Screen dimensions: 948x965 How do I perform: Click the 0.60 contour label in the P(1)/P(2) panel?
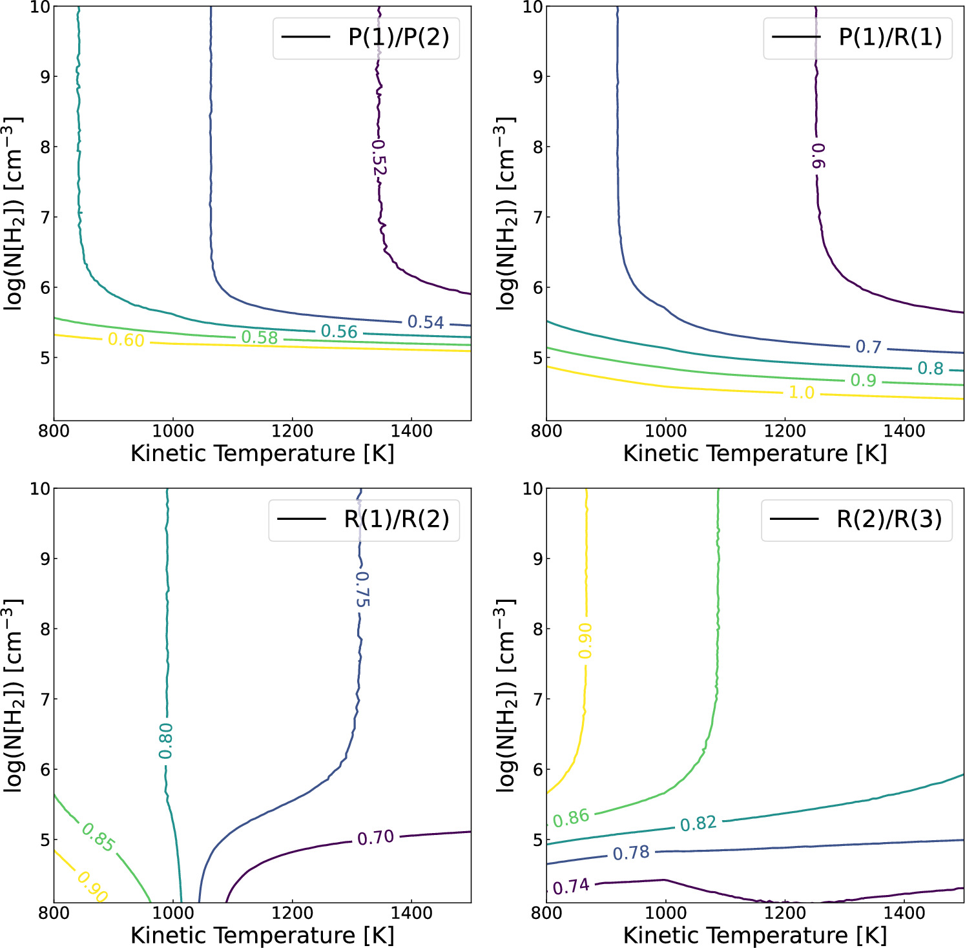[x=126, y=340]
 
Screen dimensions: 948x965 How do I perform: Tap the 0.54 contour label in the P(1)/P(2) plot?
[x=426, y=322]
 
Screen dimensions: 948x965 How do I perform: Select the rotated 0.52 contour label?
[x=379, y=158]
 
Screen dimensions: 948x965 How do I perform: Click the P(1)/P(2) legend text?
[x=399, y=37]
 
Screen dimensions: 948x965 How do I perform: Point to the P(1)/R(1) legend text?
[x=890, y=37]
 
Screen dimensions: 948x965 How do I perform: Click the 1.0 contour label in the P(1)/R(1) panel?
[x=801, y=393]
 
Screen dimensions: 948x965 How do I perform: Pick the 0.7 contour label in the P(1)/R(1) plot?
[x=868, y=347]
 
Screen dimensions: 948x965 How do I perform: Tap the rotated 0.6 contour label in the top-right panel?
[x=818, y=156]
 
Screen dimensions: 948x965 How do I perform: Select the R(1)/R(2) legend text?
[x=396, y=519]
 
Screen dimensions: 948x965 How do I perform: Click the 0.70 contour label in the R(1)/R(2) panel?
[x=375, y=838]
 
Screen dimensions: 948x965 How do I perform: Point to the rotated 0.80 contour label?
[x=166, y=741]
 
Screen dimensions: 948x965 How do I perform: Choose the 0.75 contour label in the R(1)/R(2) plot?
[x=362, y=589]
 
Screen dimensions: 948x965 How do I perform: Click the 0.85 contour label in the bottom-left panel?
[x=98, y=838]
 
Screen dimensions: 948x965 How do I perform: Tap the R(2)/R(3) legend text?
[x=889, y=519]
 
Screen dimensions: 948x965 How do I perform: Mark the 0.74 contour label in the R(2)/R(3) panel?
[x=571, y=887]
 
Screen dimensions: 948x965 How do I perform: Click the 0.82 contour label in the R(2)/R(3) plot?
[x=698, y=823]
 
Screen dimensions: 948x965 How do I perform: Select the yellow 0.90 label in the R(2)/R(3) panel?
[x=585, y=641]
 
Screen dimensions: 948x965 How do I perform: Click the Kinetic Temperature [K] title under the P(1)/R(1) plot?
[x=754, y=453]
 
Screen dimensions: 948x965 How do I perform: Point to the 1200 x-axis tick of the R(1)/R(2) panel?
[x=292, y=913]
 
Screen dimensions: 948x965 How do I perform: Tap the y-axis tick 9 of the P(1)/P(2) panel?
[x=45, y=77]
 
